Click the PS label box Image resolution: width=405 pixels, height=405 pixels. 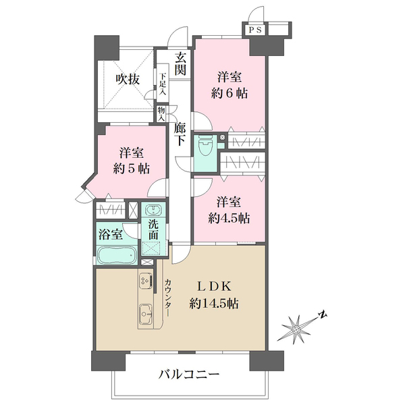point(255,30)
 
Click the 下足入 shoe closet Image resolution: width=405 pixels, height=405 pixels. point(163,84)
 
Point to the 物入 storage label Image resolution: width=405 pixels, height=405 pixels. point(162,112)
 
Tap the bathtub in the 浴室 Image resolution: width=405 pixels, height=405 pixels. point(117,256)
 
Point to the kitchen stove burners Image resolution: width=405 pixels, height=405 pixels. point(145,279)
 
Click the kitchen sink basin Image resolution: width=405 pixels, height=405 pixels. point(145,313)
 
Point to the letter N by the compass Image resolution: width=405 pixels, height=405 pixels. point(323,313)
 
